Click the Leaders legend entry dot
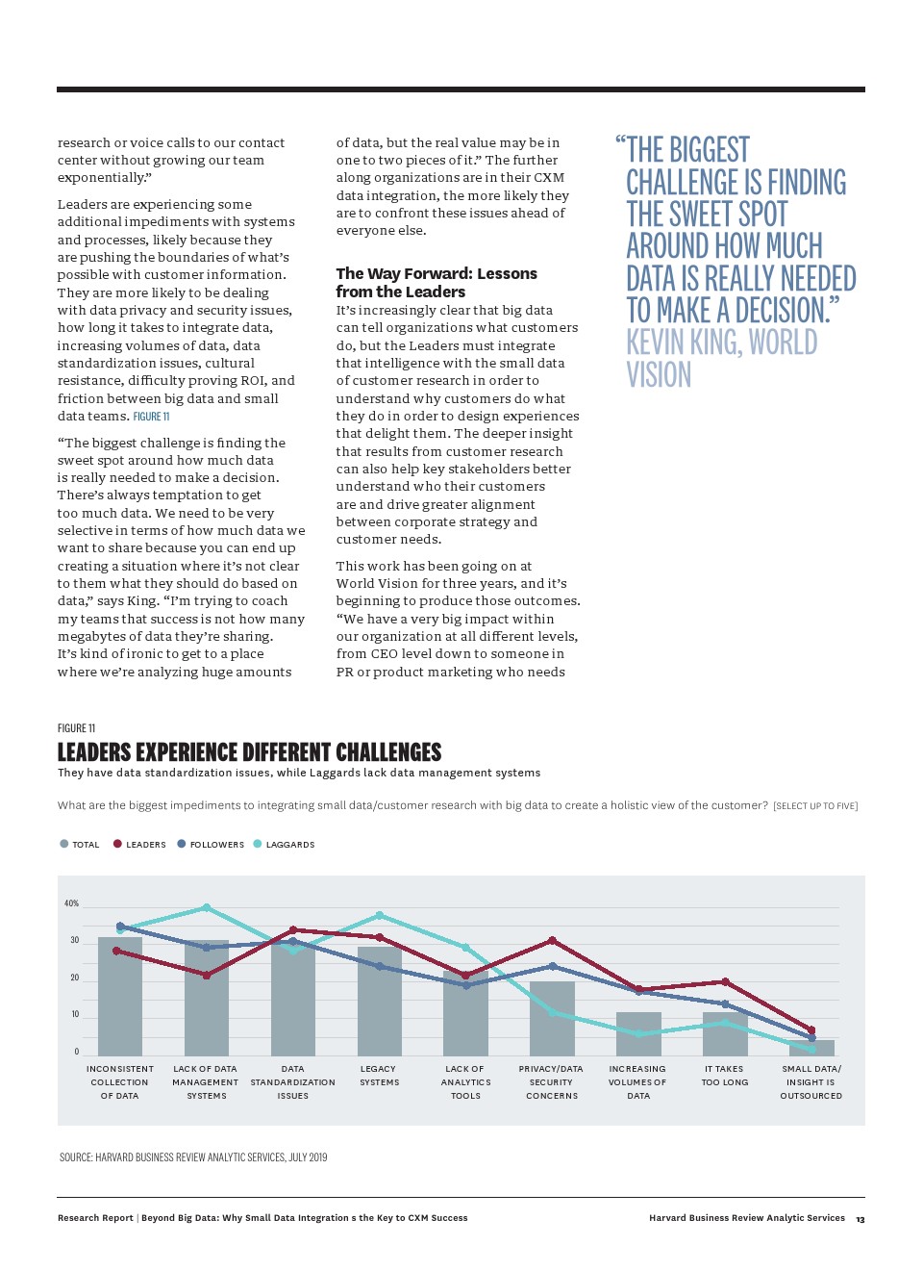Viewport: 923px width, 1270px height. click(x=117, y=844)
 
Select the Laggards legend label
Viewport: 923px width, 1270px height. click(x=290, y=845)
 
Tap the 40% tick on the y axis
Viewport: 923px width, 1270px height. click(x=71, y=903)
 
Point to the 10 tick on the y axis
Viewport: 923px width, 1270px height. click(x=75, y=1014)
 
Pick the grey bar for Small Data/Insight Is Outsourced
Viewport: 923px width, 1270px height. click(x=811, y=1048)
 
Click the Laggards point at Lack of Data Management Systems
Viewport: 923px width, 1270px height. click(x=207, y=907)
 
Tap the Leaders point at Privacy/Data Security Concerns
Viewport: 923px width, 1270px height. click(x=552, y=940)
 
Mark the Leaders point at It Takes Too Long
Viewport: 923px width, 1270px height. click(x=725, y=981)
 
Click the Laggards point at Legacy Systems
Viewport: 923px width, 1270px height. click(x=380, y=915)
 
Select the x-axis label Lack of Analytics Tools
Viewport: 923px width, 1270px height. click(x=465, y=1082)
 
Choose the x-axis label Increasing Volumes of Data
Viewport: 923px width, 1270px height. click(x=637, y=1082)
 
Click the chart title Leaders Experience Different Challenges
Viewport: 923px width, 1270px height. click(x=249, y=751)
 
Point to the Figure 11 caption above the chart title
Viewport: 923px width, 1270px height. click(x=77, y=728)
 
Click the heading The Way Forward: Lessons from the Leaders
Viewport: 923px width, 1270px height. click(x=436, y=282)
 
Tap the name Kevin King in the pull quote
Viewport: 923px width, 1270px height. click(x=684, y=343)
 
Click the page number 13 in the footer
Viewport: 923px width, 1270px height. click(x=860, y=1219)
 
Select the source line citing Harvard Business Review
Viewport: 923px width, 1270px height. click(x=193, y=1157)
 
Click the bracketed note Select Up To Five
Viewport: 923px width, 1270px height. click(x=815, y=806)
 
